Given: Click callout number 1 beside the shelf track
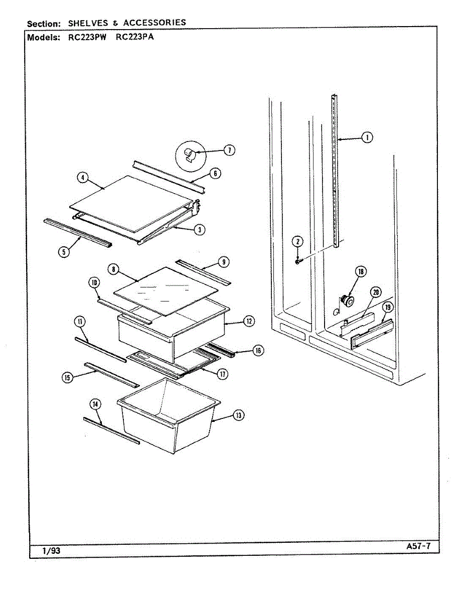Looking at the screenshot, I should coord(368,137).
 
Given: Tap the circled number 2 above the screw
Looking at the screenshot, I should coord(297,241).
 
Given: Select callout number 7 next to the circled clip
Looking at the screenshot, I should coord(229,150).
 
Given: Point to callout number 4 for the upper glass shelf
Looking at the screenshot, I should coord(82,177).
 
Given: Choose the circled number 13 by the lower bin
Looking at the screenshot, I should coord(239,415).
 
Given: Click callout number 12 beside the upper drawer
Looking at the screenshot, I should coord(249,322).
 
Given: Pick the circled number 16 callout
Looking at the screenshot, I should coord(257,351).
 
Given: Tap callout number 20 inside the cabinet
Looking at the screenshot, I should coord(375,292).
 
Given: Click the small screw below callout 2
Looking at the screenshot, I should coord(297,261).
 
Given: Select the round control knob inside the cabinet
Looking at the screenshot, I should coord(346,300).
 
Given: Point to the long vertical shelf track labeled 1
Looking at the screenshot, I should coord(335,171).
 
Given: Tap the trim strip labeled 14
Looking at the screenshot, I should coord(111,430).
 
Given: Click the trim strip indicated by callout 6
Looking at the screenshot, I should coord(168,175).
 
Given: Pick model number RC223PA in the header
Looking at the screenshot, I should coord(134,37).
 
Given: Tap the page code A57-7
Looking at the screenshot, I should coord(418,546).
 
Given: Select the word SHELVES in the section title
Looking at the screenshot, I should coord(88,23).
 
